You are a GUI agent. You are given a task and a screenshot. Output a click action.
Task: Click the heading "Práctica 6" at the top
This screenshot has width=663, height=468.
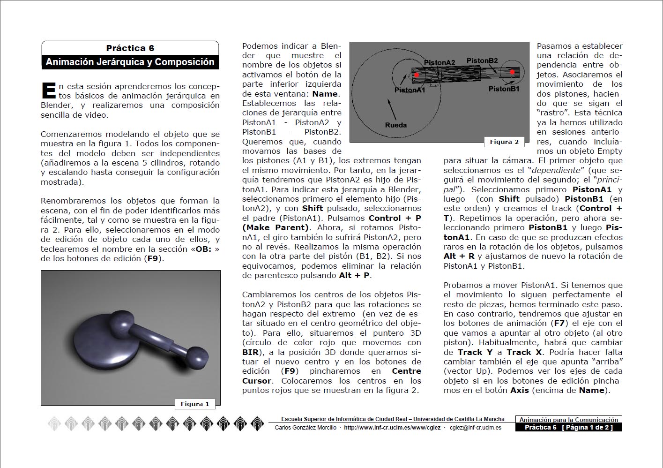[x=130, y=48]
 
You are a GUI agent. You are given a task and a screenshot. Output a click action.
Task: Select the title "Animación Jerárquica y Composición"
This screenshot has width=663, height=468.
[x=130, y=62]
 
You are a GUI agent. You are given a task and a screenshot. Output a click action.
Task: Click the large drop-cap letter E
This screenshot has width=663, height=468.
[x=48, y=91]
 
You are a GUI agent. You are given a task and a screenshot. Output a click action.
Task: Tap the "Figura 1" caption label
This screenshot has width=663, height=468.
[x=195, y=404]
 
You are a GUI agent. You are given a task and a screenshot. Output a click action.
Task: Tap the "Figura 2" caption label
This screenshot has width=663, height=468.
[x=504, y=142]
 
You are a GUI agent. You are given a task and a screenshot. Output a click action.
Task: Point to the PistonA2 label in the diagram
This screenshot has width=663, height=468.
[x=440, y=62]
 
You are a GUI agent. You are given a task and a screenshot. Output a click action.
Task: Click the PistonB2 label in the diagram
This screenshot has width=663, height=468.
[x=482, y=60]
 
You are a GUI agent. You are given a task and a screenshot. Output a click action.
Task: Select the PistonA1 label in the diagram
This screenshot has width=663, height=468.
[x=410, y=90]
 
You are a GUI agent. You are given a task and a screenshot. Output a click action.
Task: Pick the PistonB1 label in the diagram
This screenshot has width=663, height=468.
[x=504, y=89]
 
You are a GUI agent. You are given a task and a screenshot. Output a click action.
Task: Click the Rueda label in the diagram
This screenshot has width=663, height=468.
[x=396, y=125]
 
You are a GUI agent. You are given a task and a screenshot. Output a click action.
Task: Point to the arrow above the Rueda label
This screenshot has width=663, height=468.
[x=392, y=109]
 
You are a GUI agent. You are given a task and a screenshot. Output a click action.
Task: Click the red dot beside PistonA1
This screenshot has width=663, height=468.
[x=416, y=75]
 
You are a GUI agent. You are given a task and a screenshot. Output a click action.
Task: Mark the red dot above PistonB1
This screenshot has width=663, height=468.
[x=513, y=72]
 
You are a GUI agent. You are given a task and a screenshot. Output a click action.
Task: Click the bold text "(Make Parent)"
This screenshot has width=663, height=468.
[x=276, y=227]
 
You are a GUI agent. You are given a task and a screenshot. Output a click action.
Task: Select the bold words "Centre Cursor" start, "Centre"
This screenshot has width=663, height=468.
[x=406, y=371]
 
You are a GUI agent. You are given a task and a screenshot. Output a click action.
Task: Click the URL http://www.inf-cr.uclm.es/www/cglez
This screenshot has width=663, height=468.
[x=392, y=428]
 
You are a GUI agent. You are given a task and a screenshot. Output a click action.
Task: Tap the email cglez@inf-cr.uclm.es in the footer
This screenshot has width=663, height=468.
[x=475, y=428]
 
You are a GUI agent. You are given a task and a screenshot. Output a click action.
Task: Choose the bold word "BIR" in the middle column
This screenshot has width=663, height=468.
[x=250, y=352]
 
